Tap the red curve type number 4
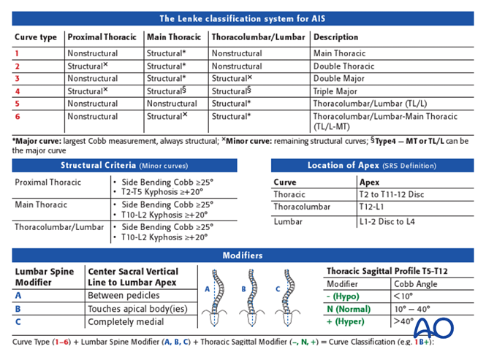point(18,91)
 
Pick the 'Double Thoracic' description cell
point(345,66)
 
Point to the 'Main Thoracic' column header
point(174,36)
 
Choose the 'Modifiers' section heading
point(243,256)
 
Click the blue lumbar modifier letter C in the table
point(18,322)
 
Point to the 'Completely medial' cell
point(125,322)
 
